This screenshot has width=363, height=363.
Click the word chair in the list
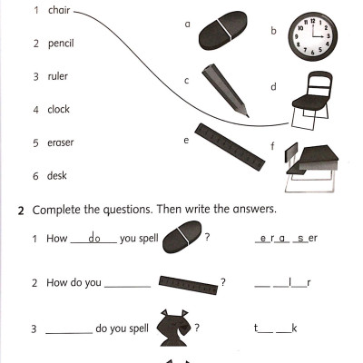click(59, 10)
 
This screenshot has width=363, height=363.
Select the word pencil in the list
click(61, 44)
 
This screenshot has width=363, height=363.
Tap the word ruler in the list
click(57, 76)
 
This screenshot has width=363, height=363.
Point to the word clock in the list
click(58, 109)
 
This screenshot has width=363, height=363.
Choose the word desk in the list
click(56, 175)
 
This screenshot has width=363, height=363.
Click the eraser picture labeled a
click(223, 31)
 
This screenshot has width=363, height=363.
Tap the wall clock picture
click(313, 36)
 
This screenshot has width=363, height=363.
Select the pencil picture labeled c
click(225, 90)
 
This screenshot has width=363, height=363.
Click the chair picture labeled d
click(311, 100)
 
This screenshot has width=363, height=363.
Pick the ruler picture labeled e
click(230, 147)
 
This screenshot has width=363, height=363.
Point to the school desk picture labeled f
click(311, 168)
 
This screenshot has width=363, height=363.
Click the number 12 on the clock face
click(313, 21)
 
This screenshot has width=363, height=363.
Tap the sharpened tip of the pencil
click(248, 116)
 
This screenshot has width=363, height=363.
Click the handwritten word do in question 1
click(94, 238)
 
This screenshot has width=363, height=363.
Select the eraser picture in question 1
click(182, 237)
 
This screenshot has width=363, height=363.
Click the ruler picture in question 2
click(188, 285)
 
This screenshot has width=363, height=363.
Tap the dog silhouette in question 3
click(174, 328)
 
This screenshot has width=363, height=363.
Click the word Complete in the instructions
click(57, 211)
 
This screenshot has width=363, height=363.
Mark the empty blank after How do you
click(127, 286)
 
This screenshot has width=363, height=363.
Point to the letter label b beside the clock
click(273, 31)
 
